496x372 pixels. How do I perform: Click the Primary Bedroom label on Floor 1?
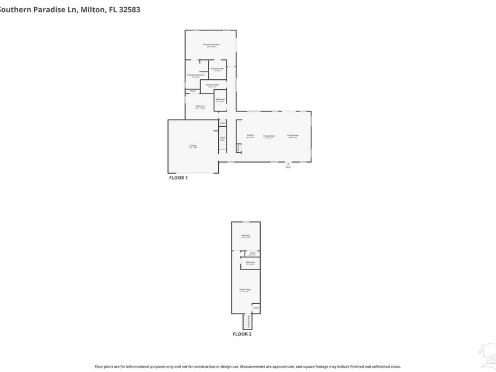coord(211,45)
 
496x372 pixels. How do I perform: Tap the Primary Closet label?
coord(217,69)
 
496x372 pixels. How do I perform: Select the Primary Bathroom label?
coord(196,76)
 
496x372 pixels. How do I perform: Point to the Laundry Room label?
coord(212,85)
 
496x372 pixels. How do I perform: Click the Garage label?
coord(193,146)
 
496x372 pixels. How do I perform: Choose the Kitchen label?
coord(250,136)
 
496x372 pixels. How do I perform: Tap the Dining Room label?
coord(268,136)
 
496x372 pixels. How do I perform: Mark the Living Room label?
coord(292,136)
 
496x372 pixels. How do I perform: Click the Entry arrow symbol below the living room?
coord(288,164)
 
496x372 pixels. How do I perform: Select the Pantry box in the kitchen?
coord(238,148)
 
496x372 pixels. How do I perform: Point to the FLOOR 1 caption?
coord(178,178)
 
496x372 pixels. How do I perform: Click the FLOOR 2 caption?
coord(242,334)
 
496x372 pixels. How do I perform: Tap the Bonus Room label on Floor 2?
coord(245,289)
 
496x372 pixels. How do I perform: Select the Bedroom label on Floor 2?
coord(246,236)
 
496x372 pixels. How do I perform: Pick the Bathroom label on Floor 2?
coord(250,262)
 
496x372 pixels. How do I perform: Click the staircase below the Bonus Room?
coord(246,321)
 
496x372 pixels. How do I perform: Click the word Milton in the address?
coord(91,9)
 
